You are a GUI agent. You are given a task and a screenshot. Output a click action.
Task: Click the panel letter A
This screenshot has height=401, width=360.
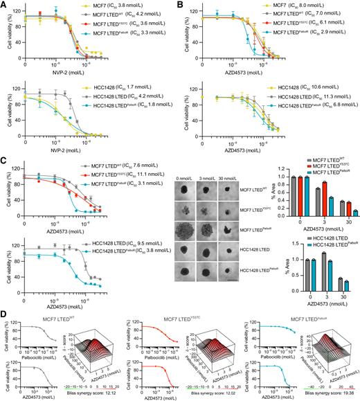(x=4, y=5)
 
